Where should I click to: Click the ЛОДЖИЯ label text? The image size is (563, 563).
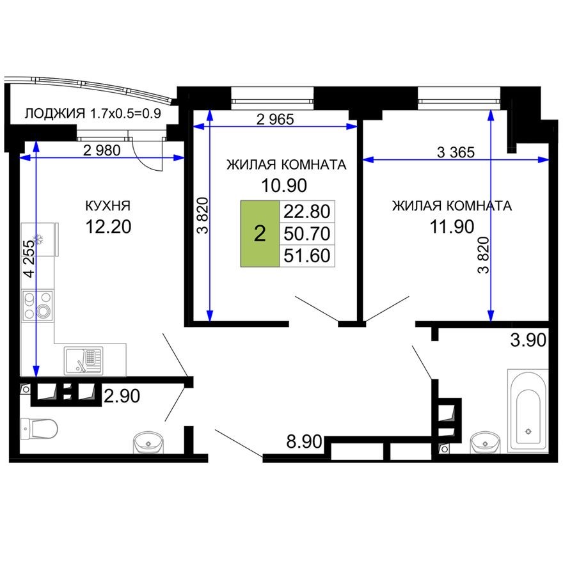tap(54, 114)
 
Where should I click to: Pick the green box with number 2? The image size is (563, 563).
tap(260, 234)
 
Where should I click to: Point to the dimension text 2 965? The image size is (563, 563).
tap(276, 119)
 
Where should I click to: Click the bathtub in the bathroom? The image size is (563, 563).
tap(528, 409)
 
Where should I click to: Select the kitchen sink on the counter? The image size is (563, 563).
tap(84, 360)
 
